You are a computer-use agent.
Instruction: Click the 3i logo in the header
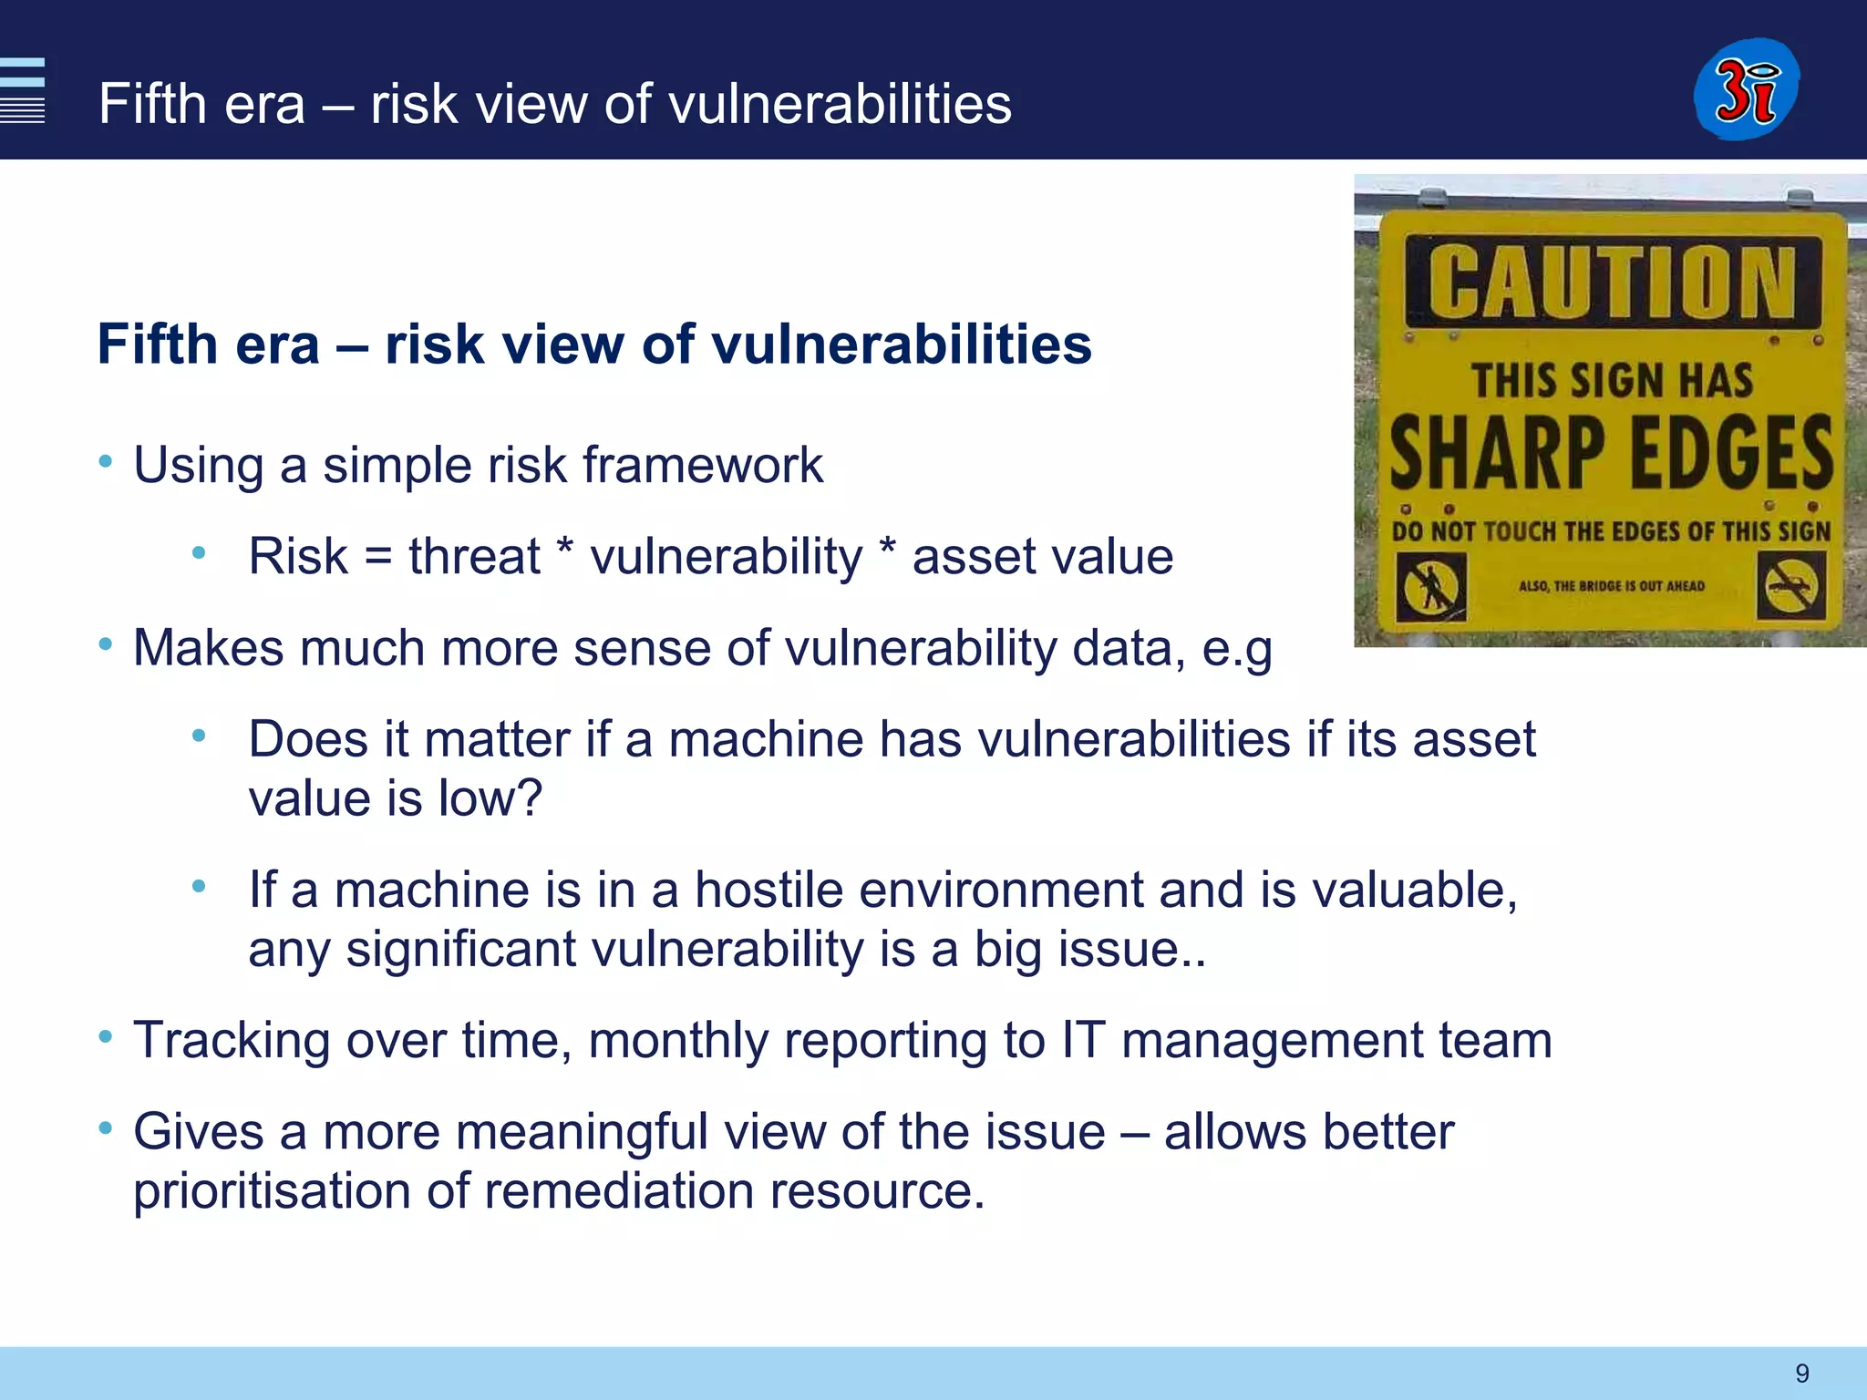tap(1746, 89)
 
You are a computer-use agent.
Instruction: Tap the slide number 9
tap(1801, 1373)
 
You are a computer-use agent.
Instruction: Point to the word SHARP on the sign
tap(1496, 453)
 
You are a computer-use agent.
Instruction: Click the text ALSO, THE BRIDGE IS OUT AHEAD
tap(1611, 586)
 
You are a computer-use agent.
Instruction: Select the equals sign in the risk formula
tap(377, 558)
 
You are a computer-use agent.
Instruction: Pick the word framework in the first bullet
tap(702, 465)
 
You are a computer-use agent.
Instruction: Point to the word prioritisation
tap(272, 1191)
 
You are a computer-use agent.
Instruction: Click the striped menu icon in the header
tap(22, 89)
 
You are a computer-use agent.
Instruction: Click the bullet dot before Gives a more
tap(106, 1128)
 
